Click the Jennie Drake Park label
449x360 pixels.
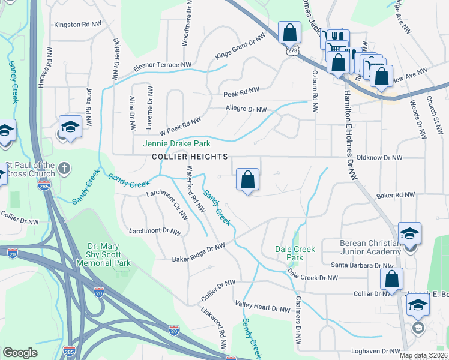click(x=176, y=144)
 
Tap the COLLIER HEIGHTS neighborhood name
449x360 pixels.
click(x=190, y=157)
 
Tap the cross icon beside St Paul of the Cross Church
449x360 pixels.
click(x=65, y=170)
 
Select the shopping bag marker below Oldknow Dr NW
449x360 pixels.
click(x=247, y=179)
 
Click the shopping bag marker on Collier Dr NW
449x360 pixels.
click(x=391, y=279)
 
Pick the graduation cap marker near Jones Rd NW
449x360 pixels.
click(x=70, y=127)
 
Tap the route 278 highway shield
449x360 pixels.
click(x=292, y=52)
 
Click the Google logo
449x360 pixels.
click(x=20, y=353)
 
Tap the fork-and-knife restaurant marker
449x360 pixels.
click(x=337, y=37)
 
